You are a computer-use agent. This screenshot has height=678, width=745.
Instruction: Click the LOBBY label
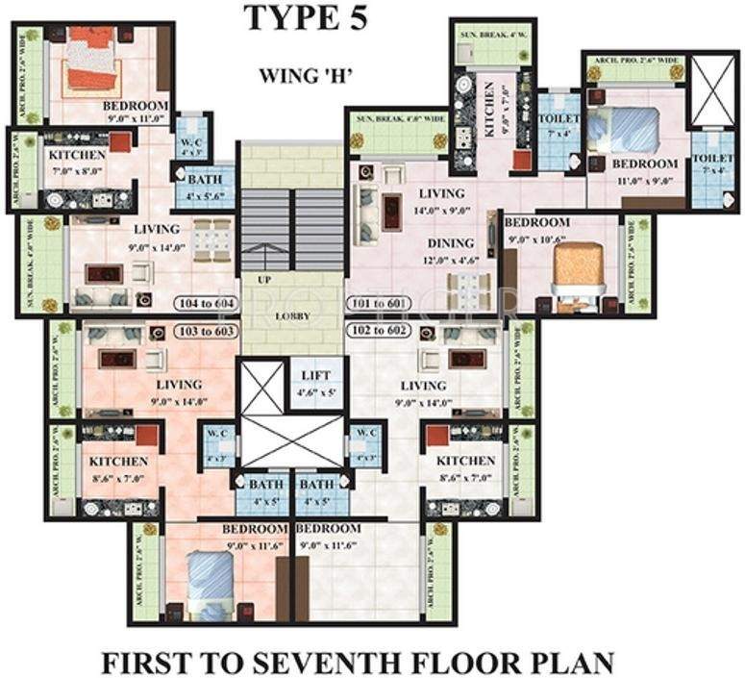(x=290, y=314)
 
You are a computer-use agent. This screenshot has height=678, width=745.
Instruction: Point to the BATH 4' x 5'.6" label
(x=205, y=186)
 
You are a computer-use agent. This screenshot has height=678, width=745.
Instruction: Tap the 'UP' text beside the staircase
(x=262, y=279)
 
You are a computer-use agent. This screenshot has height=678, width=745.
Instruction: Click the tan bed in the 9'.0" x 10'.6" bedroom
(x=579, y=265)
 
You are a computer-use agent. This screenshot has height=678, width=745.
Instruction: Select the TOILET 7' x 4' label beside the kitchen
(x=558, y=125)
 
